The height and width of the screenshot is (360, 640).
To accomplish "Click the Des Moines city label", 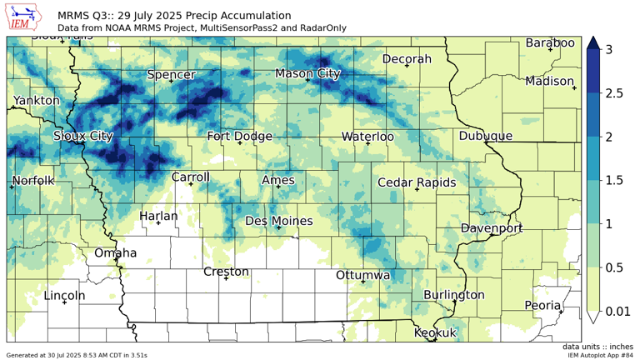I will [x=278, y=221].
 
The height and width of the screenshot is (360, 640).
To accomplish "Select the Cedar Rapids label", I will [x=416, y=182].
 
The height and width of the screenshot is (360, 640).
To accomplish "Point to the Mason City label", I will [x=307, y=74].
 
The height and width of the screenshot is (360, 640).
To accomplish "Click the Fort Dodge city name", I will [x=239, y=136].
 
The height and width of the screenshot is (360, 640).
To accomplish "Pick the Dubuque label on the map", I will [x=485, y=136].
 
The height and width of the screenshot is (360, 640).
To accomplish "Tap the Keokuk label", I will [x=435, y=332].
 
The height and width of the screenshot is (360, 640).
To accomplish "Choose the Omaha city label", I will [x=116, y=252].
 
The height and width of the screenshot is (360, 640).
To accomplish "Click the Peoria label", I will [x=542, y=305].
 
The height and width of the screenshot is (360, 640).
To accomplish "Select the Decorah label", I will [x=407, y=59].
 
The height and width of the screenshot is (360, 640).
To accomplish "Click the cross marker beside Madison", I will [x=574, y=87].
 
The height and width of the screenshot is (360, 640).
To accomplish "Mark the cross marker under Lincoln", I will [x=64, y=302].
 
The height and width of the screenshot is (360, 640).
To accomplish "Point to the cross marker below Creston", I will [x=227, y=278].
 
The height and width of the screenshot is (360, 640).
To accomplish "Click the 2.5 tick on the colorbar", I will [x=615, y=93].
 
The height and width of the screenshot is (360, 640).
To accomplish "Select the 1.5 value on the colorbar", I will [x=615, y=180].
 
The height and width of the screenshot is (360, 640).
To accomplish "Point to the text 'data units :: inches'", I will [x=597, y=347].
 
